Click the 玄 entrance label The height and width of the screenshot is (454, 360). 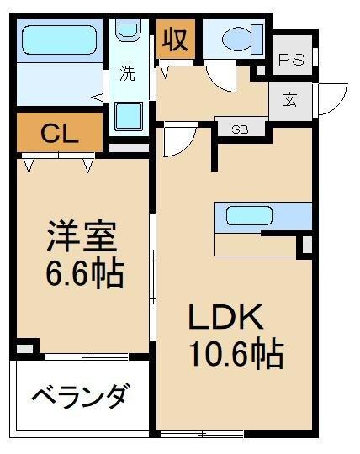(289, 101)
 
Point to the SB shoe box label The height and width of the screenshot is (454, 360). (240, 129)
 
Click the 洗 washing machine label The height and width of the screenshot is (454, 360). (127, 72)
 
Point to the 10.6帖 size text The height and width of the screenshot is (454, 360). (235, 354)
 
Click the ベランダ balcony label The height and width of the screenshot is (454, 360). (81, 394)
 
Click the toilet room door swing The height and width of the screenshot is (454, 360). (220, 77)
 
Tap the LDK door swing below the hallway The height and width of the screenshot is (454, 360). (179, 140)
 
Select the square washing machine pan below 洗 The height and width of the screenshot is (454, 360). (128, 113)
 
